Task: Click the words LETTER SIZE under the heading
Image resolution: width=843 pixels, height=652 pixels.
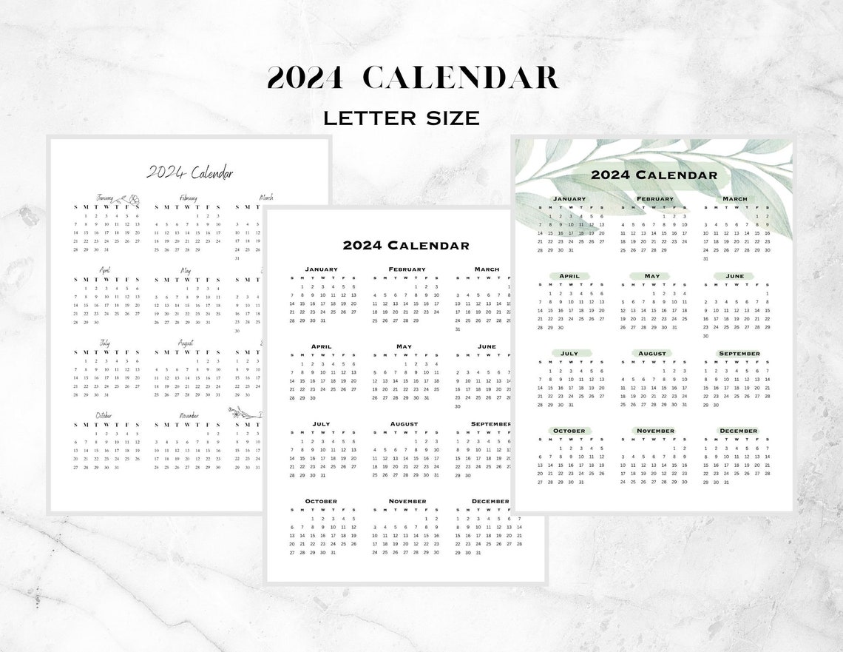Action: pyautogui.click(x=401, y=118)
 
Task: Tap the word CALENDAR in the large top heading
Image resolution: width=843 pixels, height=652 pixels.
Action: pyautogui.click(x=461, y=78)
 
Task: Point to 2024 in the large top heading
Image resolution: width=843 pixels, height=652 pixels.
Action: pyautogui.click(x=305, y=78)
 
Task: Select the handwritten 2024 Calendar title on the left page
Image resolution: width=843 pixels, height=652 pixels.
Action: pyautogui.click(x=189, y=173)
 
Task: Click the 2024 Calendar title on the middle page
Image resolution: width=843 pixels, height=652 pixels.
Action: pyautogui.click(x=405, y=246)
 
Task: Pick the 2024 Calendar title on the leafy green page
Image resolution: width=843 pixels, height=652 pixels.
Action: pyautogui.click(x=654, y=175)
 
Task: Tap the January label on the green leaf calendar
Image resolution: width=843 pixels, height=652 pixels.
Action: pyautogui.click(x=569, y=199)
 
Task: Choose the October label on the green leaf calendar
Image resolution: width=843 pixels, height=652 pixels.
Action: pyautogui.click(x=569, y=431)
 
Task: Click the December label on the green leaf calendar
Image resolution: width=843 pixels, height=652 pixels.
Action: pyautogui.click(x=738, y=431)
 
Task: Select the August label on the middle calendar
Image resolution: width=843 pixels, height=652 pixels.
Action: pyautogui.click(x=404, y=424)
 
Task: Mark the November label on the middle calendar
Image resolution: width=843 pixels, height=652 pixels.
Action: pyautogui.click(x=407, y=501)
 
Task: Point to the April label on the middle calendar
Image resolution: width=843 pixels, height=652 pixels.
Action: pyautogui.click(x=321, y=346)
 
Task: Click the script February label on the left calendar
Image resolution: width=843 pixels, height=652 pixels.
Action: pyautogui.click(x=188, y=198)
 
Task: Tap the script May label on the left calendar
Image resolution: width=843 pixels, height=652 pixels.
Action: pyautogui.click(x=185, y=271)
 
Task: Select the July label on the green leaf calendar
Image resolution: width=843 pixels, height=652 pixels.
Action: pyautogui.click(x=569, y=354)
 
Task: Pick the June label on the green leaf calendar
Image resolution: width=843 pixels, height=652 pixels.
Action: pyautogui.click(x=735, y=276)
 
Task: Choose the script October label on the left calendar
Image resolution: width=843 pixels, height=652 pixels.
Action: pyautogui.click(x=104, y=416)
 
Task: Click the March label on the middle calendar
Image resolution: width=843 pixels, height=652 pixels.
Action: pyautogui.click(x=487, y=269)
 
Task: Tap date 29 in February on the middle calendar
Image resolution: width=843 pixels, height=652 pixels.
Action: pyautogui.click(x=416, y=320)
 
